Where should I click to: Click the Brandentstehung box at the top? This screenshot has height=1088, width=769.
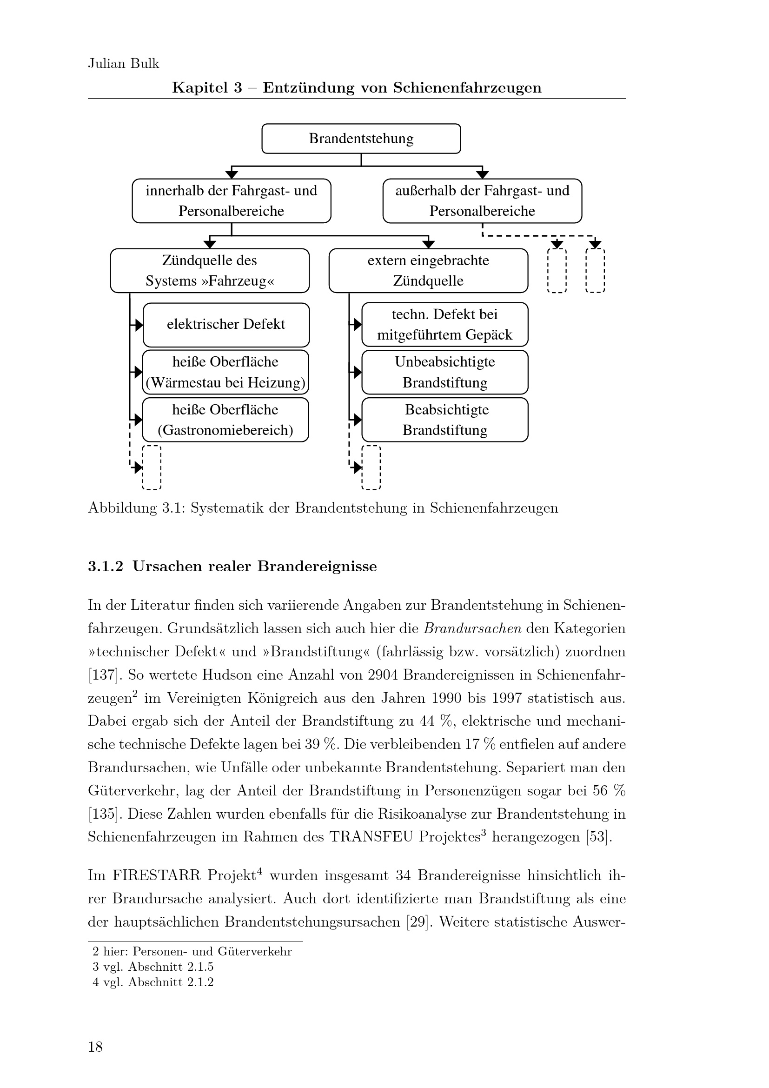361,138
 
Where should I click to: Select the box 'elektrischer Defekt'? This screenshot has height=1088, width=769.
226,325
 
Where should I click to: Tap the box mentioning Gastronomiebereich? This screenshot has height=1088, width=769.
225,420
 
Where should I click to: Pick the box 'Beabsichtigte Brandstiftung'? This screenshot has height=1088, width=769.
444,420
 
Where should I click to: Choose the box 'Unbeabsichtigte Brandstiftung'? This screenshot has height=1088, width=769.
444,372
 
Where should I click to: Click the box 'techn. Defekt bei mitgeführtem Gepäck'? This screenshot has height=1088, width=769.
444,325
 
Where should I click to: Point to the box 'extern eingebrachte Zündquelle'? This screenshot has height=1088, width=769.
428,271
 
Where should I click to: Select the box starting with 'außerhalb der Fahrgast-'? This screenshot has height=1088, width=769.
482,200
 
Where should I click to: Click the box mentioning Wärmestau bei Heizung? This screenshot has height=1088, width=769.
225,372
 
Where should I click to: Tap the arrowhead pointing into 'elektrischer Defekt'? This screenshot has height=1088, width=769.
139,325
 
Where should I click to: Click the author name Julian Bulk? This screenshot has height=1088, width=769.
124,64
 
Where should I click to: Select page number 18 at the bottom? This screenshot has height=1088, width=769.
95,1047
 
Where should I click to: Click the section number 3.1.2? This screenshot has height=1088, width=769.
106,566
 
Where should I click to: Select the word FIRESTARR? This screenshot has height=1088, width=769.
157,875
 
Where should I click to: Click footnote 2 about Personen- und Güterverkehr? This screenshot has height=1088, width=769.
192,951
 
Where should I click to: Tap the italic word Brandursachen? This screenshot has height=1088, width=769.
472,629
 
